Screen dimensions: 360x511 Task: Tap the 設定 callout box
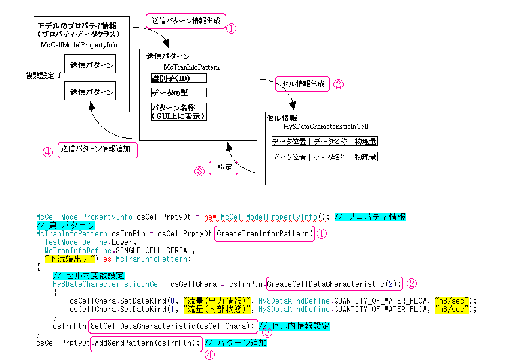click(223, 167)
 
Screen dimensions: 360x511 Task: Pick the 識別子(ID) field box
click(178, 79)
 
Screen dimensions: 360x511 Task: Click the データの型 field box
click(178, 92)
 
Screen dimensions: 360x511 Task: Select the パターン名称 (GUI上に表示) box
click(178, 112)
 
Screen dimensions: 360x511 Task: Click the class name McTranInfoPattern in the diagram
click(191, 67)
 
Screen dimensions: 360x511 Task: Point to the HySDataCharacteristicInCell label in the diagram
click(326, 127)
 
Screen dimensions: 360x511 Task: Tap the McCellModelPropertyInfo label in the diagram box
click(79, 44)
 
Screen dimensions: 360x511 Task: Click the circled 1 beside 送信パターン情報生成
click(230, 28)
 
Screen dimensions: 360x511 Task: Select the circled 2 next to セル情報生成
click(338, 85)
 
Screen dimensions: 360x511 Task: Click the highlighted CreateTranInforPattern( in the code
click(264, 233)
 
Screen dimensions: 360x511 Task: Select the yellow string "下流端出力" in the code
click(67, 259)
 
